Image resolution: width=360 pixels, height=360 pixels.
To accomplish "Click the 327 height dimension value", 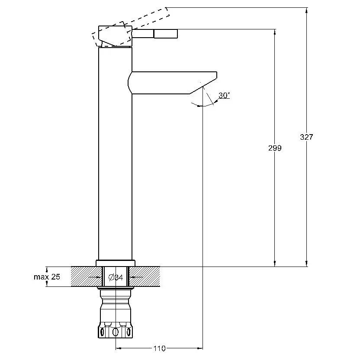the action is point(306,137).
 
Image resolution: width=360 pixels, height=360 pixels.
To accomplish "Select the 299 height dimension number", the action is point(275,148).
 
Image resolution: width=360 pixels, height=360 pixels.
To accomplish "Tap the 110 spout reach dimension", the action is point(159,348).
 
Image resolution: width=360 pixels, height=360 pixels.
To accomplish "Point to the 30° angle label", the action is point(224,95).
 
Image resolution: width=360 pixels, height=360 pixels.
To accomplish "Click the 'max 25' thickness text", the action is point(47,277).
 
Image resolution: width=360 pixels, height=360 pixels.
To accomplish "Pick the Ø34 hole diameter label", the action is point(116,278).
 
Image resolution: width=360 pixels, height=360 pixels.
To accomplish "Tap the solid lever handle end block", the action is point(166,33).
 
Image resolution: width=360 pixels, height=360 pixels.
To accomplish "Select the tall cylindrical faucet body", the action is point(115,153).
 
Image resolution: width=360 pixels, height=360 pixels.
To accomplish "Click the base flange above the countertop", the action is point(115,263).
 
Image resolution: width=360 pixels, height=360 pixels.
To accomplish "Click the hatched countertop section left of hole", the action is point(87,276).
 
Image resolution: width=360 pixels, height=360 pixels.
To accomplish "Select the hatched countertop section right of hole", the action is point(145,276).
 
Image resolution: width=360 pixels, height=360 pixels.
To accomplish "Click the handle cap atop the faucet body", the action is point(115,36).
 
